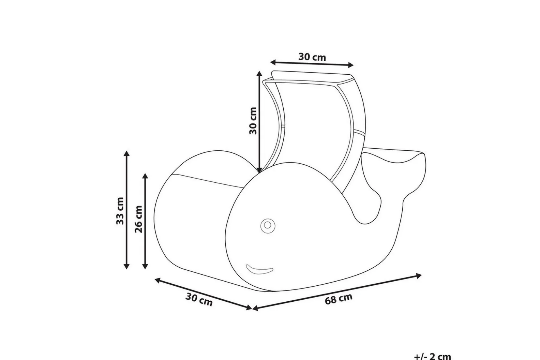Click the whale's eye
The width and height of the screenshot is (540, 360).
click(x=268, y=225)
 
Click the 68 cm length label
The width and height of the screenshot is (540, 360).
click(x=339, y=299)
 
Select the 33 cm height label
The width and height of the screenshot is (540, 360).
click(x=120, y=211)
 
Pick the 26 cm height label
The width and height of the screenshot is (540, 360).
click(x=139, y=219)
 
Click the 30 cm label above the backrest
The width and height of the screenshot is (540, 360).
click(x=312, y=57)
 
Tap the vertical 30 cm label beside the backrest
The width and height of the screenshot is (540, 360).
click(x=253, y=120)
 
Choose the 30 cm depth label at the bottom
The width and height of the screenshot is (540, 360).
click(x=199, y=300)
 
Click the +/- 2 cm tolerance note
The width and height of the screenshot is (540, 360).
click(x=433, y=356)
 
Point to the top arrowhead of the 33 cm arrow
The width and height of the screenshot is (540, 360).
click(x=126, y=154)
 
